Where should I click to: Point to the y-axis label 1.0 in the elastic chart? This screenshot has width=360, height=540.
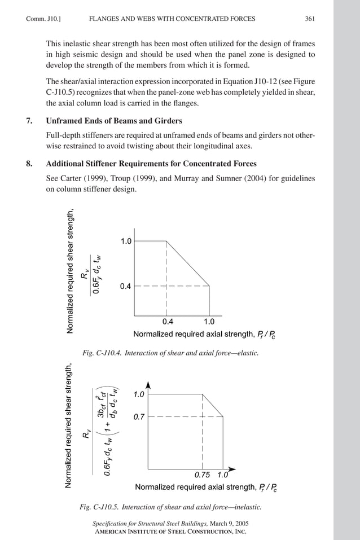(x=125, y=242)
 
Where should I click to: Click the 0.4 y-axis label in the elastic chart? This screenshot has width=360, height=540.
(x=125, y=287)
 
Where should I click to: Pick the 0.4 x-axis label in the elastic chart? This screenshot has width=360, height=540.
(x=168, y=322)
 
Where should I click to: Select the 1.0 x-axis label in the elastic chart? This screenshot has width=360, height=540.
(x=209, y=322)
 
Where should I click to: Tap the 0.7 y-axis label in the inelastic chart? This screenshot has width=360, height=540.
(x=139, y=417)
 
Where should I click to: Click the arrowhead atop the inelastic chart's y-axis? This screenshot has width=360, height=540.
(x=148, y=385)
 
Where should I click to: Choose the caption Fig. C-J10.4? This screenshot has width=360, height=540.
(x=102, y=353)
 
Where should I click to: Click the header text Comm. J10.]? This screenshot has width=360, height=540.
(x=43, y=19)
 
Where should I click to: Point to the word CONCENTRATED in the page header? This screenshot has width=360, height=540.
(x=200, y=19)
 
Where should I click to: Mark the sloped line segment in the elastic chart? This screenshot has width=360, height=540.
(x=188, y=264)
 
